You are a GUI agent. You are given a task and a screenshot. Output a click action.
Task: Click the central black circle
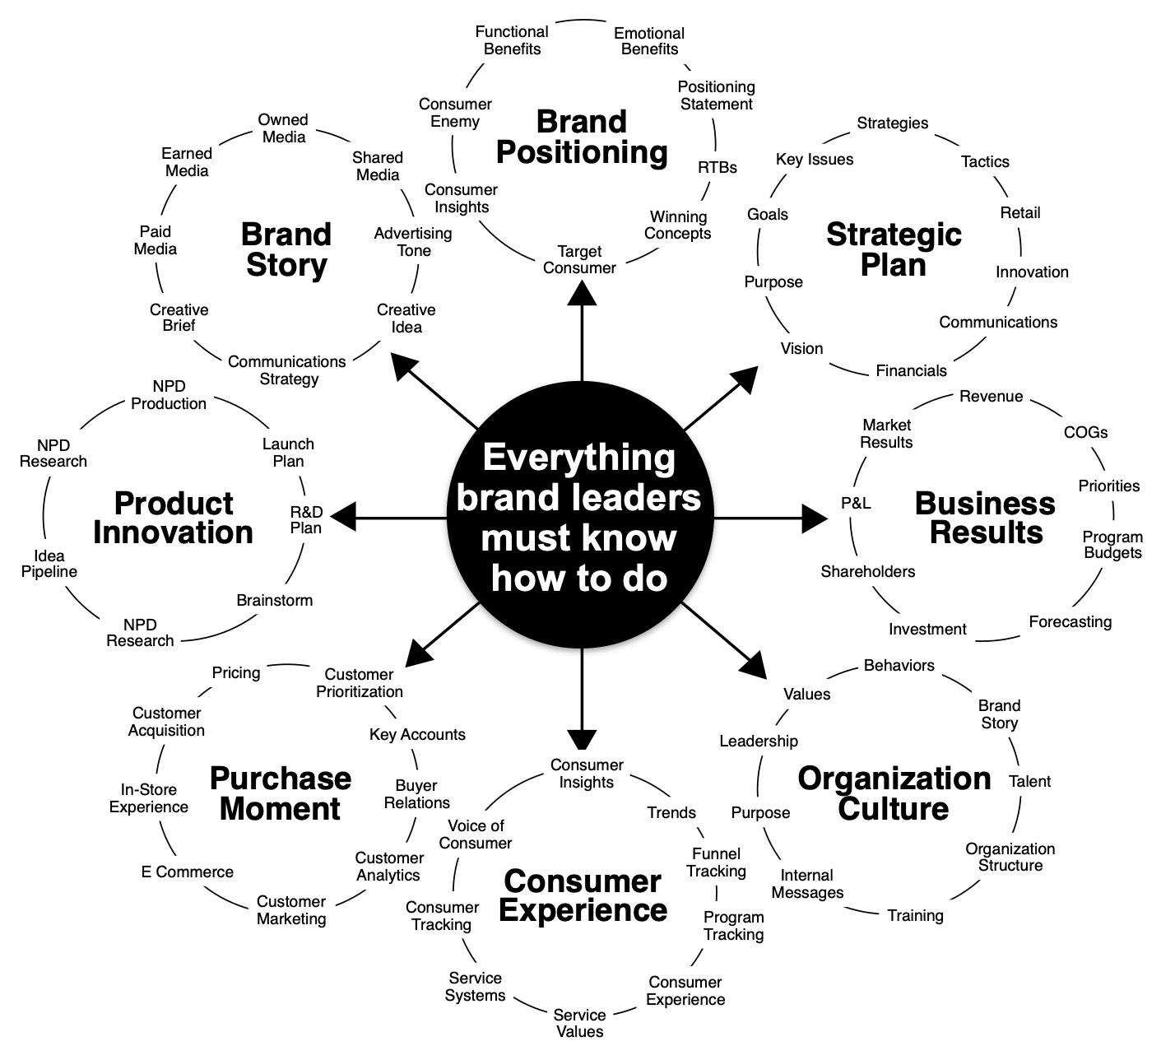(580, 518)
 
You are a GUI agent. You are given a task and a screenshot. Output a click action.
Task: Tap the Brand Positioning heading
(582, 137)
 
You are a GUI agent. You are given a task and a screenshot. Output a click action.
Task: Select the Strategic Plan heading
(894, 249)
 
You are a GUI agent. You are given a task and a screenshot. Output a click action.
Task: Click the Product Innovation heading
(173, 518)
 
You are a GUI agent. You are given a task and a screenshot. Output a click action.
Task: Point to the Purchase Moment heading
(280, 793)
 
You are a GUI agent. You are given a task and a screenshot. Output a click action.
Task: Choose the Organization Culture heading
(894, 793)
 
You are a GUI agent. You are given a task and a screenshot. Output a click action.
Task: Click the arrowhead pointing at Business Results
(815, 518)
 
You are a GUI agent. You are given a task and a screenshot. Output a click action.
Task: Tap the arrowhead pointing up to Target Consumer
(582, 294)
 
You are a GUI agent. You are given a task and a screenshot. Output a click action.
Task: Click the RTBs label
(717, 167)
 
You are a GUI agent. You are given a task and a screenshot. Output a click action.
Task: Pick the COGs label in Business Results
(1085, 432)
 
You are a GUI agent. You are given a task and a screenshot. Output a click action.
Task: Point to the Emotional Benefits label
(649, 41)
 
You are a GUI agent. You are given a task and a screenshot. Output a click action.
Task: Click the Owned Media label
(283, 128)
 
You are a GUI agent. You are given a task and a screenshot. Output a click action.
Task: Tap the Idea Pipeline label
(49, 564)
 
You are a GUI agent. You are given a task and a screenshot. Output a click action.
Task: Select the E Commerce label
(187, 872)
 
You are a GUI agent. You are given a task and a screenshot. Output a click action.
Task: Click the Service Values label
(579, 1023)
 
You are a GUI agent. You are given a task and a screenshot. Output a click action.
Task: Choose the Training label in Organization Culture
(915, 915)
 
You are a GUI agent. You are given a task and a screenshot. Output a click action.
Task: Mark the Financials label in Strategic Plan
(911, 370)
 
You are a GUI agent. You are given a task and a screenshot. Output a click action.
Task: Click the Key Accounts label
(417, 734)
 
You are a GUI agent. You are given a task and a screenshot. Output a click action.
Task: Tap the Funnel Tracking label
(716, 862)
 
